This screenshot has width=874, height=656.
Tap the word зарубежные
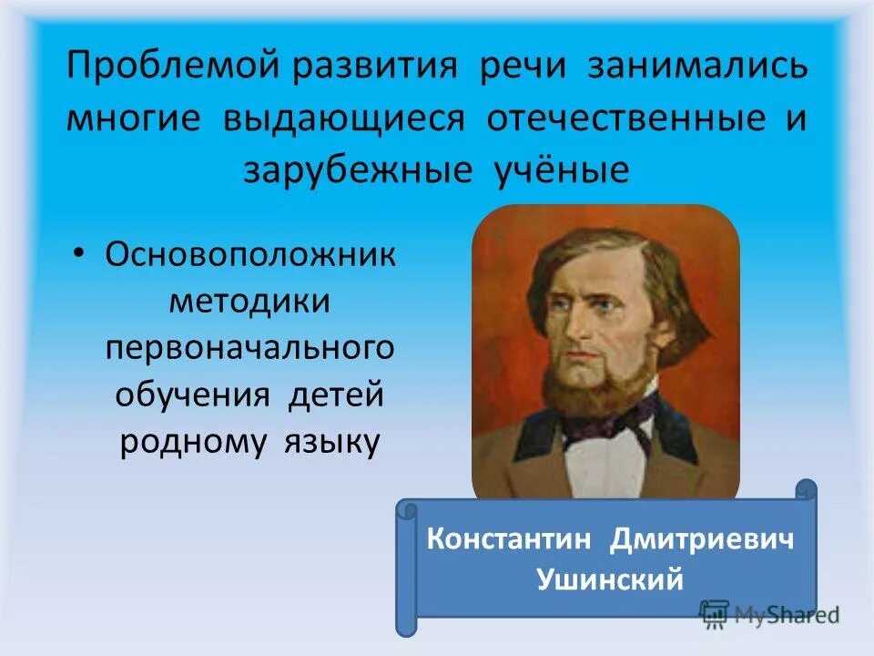click(351, 170)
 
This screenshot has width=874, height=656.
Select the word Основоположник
click(251, 254)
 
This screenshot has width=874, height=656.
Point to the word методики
click(250, 301)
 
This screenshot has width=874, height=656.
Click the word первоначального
click(250, 348)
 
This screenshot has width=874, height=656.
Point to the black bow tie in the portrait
click(605, 422)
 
